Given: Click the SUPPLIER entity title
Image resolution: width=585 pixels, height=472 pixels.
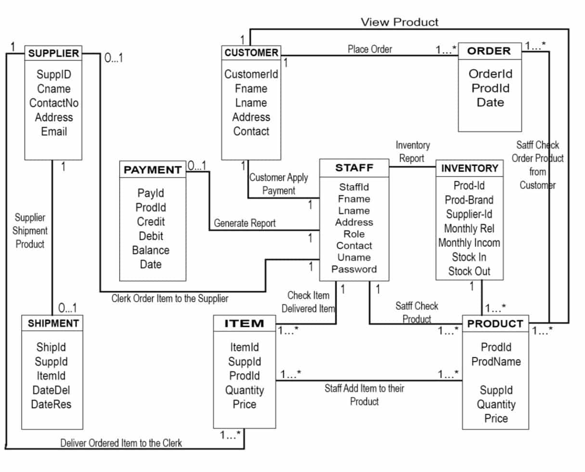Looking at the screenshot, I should (53, 54).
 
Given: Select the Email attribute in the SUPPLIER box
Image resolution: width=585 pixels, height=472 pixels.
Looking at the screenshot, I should (53, 132).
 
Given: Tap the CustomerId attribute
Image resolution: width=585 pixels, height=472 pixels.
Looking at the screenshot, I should (251, 74).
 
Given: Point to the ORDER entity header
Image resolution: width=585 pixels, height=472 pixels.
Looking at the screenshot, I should (489, 51).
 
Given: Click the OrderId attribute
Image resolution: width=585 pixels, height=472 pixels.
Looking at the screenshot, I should (490, 74).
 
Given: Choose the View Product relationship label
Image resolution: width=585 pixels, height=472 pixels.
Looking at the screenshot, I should (400, 22).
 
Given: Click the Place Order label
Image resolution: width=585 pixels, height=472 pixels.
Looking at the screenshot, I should (370, 49).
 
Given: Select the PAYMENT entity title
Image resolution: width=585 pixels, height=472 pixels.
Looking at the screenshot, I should (152, 170).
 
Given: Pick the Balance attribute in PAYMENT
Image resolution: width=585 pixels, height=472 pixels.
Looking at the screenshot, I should (151, 250).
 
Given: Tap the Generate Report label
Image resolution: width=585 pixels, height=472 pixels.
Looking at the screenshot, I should (245, 223).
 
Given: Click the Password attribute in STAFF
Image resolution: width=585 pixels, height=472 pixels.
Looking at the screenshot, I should (354, 270).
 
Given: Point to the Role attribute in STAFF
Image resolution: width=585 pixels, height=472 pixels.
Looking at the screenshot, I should (354, 234).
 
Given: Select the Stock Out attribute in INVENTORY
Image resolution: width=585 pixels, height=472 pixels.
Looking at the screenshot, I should (469, 271).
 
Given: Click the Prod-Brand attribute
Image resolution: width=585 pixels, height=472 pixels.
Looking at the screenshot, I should (469, 200).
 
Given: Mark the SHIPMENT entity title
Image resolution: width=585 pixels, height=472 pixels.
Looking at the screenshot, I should (52, 324).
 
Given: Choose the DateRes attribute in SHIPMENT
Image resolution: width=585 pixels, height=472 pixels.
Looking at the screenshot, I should (51, 404).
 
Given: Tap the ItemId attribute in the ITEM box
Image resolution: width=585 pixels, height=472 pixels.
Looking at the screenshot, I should (244, 347).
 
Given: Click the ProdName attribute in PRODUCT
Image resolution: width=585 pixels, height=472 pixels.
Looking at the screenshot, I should (496, 362).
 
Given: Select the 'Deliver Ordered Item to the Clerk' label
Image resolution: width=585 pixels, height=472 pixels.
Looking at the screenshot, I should (121, 443).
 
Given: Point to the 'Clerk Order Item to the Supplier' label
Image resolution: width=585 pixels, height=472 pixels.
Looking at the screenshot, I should (170, 298).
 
